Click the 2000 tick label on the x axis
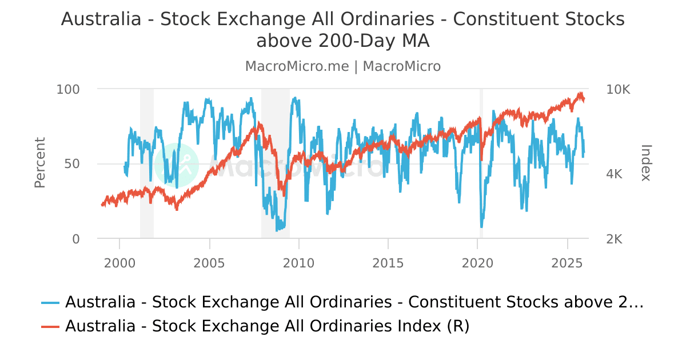pyautogui.click(x=119, y=263)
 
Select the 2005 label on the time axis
pyautogui.click(x=209, y=263)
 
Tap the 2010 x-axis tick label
pyautogui.click(x=299, y=263)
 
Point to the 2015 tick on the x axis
pyautogui.click(x=388, y=263)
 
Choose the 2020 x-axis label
pyautogui.click(x=478, y=263)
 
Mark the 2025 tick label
pyautogui.click(x=568, y=263)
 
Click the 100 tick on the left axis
pyautogui.click(x=68, y=90)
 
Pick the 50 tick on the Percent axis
pyautogui.click(x=72, y=164)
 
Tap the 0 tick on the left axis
pyautogui.click(x=76, y=239)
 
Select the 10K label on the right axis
pyautogui.click(x=618, y=90)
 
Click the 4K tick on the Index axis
pyautogui.click(x=614, y=174)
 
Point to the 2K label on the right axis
pyautogui.click(x=614, y=239)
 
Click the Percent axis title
pyautogui.click(x=39, y=163)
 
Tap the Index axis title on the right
pyautogui.click(x=646, y=163)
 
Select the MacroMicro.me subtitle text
pyautogui.click(x=297, y=66)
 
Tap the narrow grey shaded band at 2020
pyautogui.click(x=481, y=163)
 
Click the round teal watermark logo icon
pyautogui.click(x=177, y=165)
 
